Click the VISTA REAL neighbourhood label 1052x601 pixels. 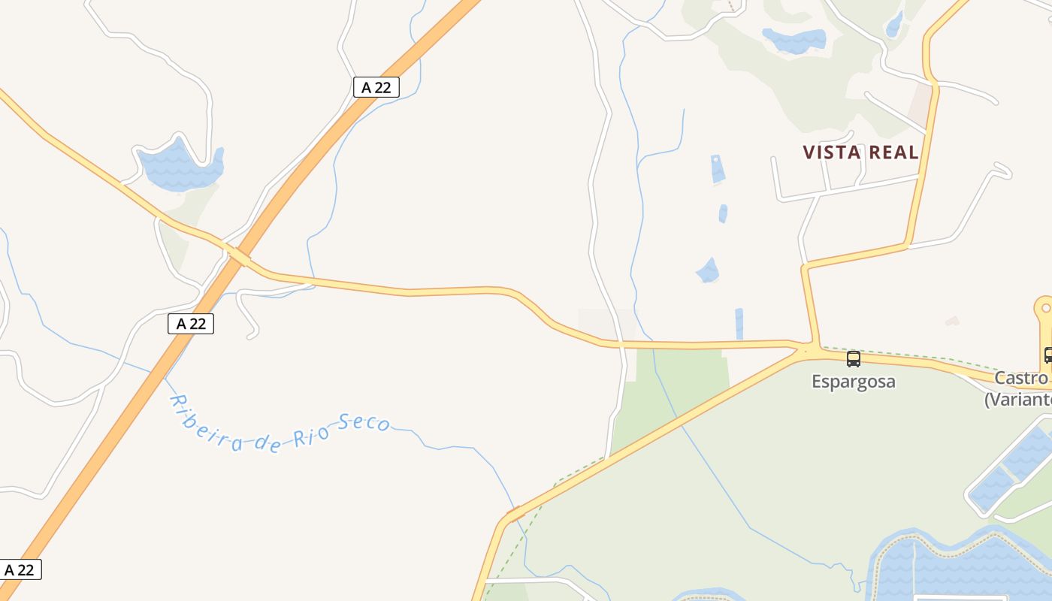(x=860, y=153)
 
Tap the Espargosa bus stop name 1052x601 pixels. (x=854, y=382)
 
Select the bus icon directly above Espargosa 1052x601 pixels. (x=854, y=358)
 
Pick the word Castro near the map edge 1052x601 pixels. (x=1020, y=378)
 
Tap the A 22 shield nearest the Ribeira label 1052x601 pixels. (x=191, y=324)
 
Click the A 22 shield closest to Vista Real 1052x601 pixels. (x=376, y=87)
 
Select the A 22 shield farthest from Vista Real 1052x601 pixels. (x=20, y=569)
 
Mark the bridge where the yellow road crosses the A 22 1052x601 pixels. (x=238, y=256)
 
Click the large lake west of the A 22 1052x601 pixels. (x=180, y=169)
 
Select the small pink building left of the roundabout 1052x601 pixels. (x=952, y=321)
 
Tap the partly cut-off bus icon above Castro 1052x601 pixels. (x=1047, y=355)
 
